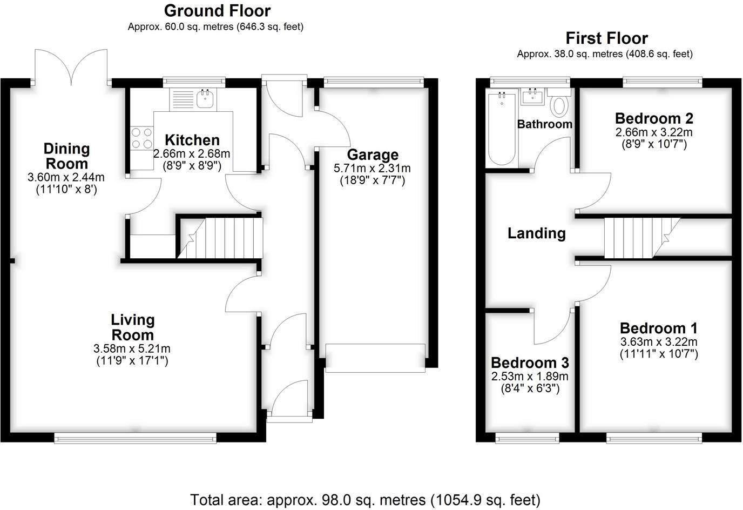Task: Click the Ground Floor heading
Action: coord(217,10)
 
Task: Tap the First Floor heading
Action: coord(606,38)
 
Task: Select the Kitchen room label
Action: coord(192,140)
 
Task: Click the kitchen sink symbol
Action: coord(206,99)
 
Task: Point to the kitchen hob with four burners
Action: coord(141,137)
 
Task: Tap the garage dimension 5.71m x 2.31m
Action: coord(372,169)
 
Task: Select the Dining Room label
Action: coord(66,156)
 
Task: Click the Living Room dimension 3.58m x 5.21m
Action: coord(132,348)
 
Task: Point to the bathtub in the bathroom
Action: coord(502,130)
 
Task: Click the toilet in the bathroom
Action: coord(559,105)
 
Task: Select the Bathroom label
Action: coord(544,124)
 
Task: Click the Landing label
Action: coord(536,233)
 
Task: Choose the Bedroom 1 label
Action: coord(658,328)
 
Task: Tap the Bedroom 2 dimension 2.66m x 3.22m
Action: coord(654,132)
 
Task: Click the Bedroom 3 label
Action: coord(529,363)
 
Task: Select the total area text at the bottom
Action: coord(365,500)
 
